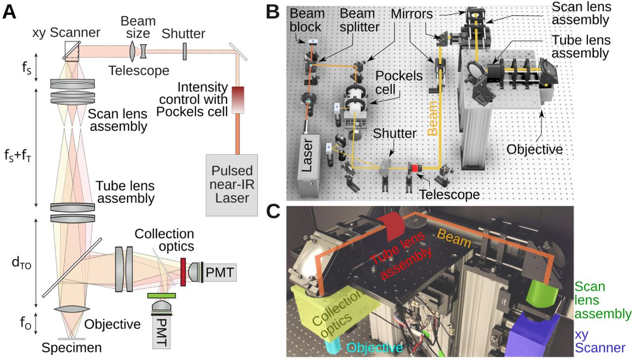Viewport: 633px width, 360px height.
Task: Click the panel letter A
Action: (9, 13)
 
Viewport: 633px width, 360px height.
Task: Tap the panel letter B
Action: (272, 13)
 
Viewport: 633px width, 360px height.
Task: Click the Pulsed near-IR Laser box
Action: (232, 185)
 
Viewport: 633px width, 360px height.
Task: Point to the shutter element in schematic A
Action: (184, 51)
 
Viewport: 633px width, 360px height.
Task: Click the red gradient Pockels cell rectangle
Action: (238, 100)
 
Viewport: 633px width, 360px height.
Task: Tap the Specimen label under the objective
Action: (72, 348)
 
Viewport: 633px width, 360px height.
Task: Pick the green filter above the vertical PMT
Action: (161, 296)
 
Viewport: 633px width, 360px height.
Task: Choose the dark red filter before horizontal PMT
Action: (183, 272)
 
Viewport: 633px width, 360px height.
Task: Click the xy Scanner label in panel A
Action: (66, 33)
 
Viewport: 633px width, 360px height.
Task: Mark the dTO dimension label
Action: (21, 263)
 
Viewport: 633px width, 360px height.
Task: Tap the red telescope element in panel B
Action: (415, 169)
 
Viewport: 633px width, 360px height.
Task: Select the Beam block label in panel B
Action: (307, 20)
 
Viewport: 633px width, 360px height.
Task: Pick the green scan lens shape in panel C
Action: (542, 294)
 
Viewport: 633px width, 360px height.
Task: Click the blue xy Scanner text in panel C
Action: (600, 341)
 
